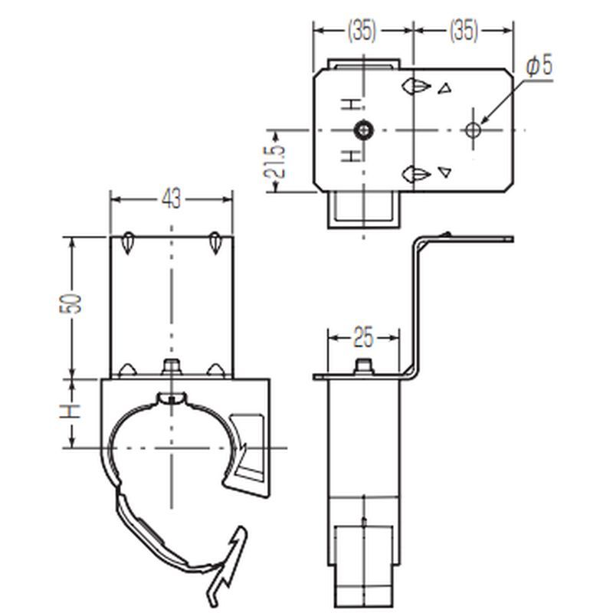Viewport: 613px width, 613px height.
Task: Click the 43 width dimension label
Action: click(x=171, y=198)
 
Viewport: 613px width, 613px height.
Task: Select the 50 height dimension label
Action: click(x=71, y=303)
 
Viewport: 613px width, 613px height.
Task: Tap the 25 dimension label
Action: click(x=363, y=337)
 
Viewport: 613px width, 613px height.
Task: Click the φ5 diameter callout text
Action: click(x=539, y=66)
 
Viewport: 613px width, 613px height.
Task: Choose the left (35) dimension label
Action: click(x=362, y=30)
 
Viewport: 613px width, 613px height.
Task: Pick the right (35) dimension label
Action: click(x=464, y=30)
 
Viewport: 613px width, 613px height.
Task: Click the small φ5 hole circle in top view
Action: click(x=473, y=129)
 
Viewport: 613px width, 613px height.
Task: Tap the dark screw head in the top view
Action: click(x=363, y=129)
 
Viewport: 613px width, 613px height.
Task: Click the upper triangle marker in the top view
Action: click(x=444, y=89)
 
